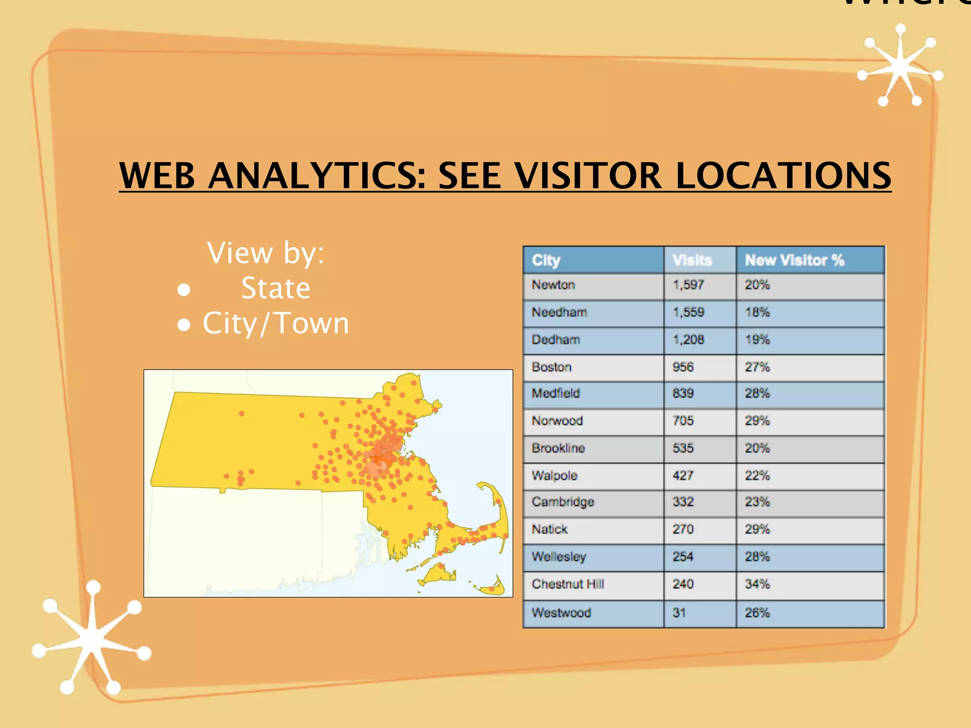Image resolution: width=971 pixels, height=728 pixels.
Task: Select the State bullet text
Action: point(275,288)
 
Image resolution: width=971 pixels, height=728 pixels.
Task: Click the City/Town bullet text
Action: point(275,323)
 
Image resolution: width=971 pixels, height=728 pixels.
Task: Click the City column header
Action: point(546,260)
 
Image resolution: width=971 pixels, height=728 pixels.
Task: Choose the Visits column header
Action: point(692,260)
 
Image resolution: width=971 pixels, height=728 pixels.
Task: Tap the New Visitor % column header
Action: point(794,260)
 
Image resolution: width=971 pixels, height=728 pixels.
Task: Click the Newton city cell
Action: point(553,285)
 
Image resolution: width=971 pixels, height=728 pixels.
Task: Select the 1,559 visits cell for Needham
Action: point(688,312)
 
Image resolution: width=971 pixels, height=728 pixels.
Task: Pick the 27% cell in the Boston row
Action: point(757,367)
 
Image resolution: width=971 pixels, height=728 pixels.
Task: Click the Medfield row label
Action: point(556,393)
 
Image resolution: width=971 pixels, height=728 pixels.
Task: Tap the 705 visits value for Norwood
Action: point(683,421)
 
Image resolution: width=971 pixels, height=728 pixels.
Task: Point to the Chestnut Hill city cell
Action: point(568,584)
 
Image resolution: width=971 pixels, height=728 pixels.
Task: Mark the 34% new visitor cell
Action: point(757,584)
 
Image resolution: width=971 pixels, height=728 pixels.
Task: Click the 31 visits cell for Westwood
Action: point(679,613)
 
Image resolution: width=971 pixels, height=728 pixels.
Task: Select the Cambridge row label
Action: point(563,502)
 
